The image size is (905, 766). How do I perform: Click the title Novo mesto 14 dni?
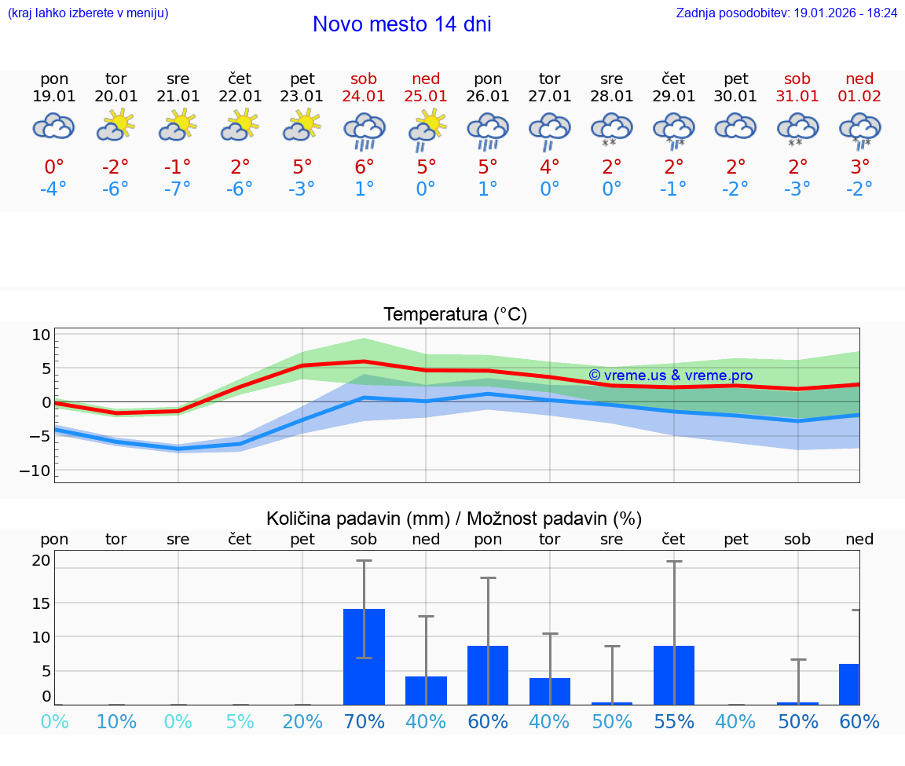click(x=401, y=24)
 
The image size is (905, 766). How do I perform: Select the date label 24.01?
click(x=364, y=97)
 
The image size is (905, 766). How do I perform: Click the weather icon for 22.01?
click(x=240, y=126)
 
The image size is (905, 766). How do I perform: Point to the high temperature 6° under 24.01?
click(x=364, y=167)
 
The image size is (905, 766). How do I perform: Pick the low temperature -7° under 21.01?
click(x=178, y=189)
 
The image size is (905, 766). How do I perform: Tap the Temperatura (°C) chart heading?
click(x=455, y=315)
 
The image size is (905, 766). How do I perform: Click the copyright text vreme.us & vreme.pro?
click(x=671, y=376)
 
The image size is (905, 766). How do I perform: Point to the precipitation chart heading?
click(x=454, y=519)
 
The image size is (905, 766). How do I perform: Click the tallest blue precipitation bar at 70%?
click(x=364, y=656)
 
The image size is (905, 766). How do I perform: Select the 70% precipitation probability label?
click(x=364, y=721)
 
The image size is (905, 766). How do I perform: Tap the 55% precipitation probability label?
click(x=674, y=721)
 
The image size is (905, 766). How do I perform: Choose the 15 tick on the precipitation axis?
click(x=41, y=603)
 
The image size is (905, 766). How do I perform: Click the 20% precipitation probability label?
click(x=302, y=721)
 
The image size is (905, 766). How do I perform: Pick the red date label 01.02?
click(x=859, y=97)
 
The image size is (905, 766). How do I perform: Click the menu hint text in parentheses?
click(x=88, y=13)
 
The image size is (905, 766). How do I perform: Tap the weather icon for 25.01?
click(x=427, y=129)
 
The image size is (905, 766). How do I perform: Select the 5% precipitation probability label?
click(x=240, y=721)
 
